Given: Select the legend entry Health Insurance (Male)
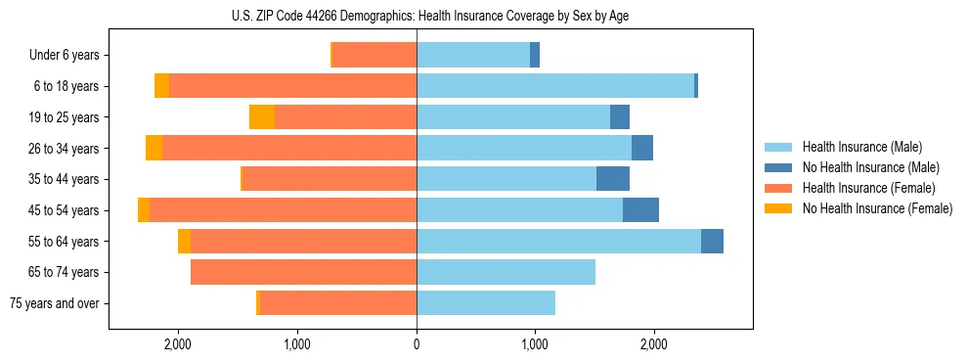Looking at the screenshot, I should [861, 147].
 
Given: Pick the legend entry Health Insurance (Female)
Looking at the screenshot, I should [868, 188].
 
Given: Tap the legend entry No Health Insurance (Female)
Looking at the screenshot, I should [877, 208].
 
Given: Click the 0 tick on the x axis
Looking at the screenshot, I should [417, 344].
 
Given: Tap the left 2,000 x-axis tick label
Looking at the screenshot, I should [177, 344].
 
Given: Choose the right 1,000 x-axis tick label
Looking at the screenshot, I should [535, 344].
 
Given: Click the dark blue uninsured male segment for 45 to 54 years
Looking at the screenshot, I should [640, 210].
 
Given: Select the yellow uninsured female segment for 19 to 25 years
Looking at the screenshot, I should [262, 117].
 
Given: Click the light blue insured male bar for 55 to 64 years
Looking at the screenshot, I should [558, 242].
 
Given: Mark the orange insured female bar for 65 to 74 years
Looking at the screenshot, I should [303, 272].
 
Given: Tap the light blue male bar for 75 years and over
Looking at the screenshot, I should [486, 303].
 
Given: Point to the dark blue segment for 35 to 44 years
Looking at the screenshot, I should [613, 179].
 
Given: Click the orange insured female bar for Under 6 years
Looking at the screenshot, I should [374, 56].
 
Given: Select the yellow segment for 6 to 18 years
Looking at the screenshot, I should [161, 86].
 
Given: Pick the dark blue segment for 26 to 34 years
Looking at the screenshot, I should [642, 149].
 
